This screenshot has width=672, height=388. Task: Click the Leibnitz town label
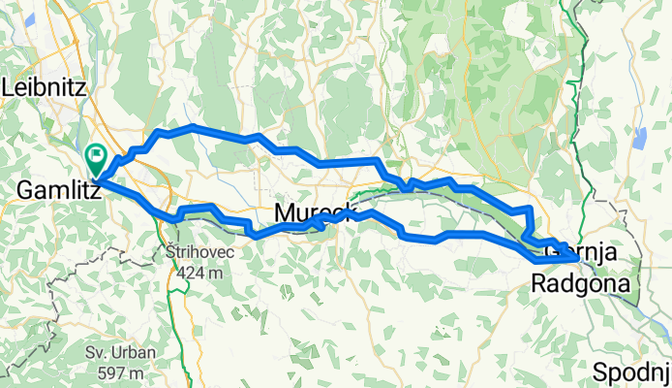coord(46,87)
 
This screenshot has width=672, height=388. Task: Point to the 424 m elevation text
coord(200,274)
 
